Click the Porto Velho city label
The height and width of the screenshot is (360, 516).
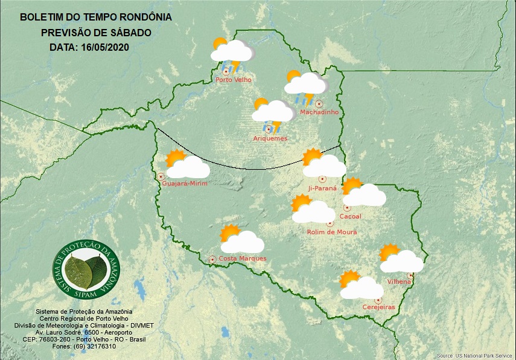click(234, 80)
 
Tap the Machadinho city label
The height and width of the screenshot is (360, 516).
click(319, 112)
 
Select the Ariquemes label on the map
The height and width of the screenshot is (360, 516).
click(270, 138)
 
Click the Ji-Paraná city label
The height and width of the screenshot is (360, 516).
click(322, 188)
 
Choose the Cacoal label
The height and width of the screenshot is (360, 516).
click(351, 216)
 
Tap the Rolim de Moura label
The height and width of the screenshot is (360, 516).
click(331, 232)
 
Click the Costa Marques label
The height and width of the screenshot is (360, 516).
click(242, 259)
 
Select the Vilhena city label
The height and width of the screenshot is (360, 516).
click(399, 281)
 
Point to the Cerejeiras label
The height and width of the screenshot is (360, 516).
click(378, 307)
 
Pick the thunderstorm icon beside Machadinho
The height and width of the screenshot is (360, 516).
click(306, 87)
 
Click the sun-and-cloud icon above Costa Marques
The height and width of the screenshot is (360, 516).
click(241, 240)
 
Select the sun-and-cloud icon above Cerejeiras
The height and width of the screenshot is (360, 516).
click(361, 286)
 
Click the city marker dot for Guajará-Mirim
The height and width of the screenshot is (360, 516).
click(161, 176)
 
